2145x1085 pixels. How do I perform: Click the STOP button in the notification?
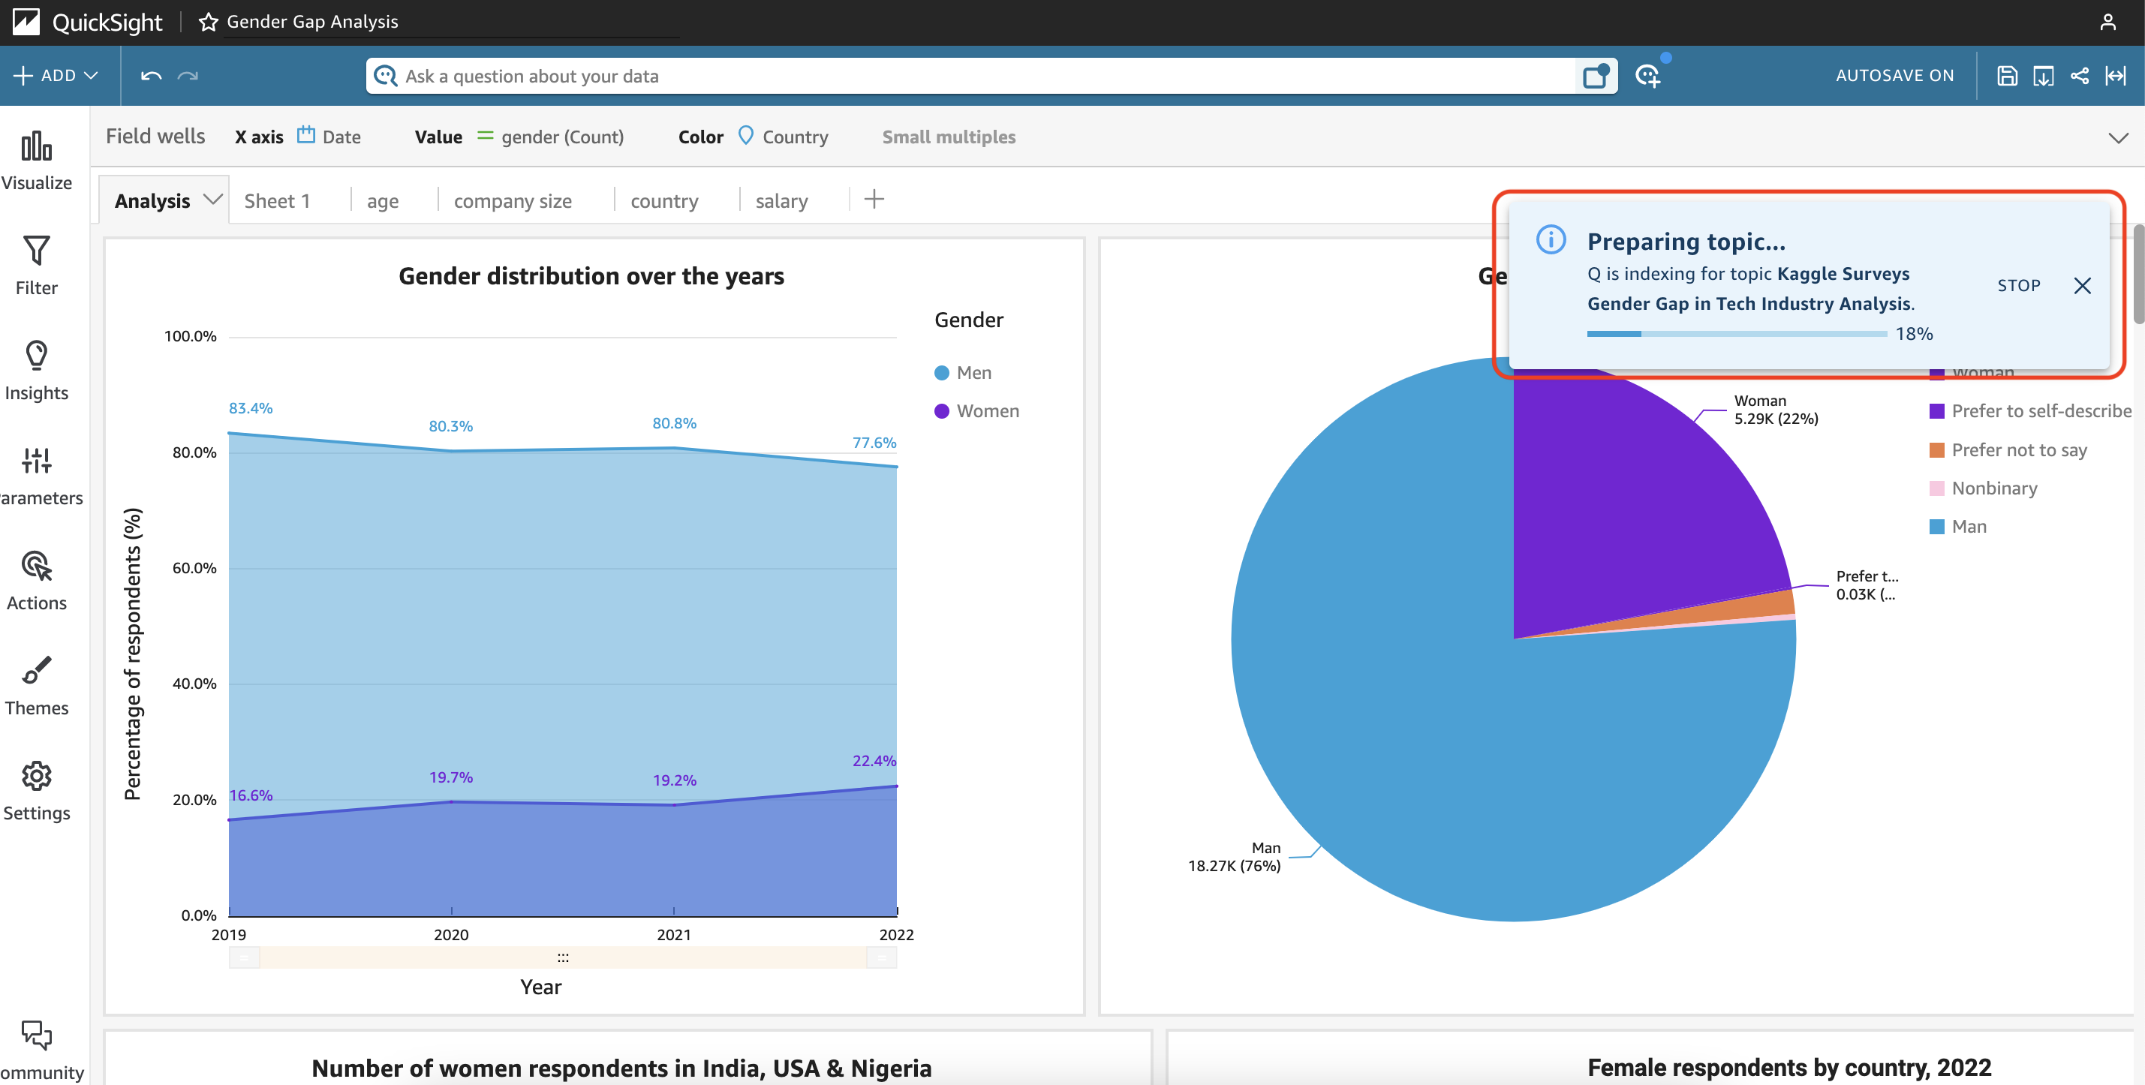point(2018,286)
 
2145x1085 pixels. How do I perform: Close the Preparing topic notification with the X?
point(2082,286)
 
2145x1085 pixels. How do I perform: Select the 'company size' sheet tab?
point(512,200)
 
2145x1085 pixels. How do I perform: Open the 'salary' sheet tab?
point(781,200)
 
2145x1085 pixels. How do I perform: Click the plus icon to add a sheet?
point(874,199)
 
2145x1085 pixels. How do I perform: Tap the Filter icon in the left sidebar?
point(37,250)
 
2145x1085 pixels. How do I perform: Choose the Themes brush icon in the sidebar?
point(37,670)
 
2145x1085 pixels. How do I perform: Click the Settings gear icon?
point(37,775)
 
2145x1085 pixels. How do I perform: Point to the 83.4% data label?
point(251,408)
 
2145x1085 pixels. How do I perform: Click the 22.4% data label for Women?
point(874,760)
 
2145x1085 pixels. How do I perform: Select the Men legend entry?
point(964,372)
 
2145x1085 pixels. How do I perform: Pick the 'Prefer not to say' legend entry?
point(2008,449)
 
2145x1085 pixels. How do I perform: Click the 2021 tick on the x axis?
point(674,934)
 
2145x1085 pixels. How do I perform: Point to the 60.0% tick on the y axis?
point(194,568)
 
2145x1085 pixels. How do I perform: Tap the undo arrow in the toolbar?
point(151,76)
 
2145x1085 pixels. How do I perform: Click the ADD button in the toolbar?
point(56,76)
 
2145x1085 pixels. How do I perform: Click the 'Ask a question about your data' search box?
point(973,76)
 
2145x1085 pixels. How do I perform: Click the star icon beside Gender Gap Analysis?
point(208,22)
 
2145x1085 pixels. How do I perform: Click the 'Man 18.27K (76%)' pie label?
point(1234,857)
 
